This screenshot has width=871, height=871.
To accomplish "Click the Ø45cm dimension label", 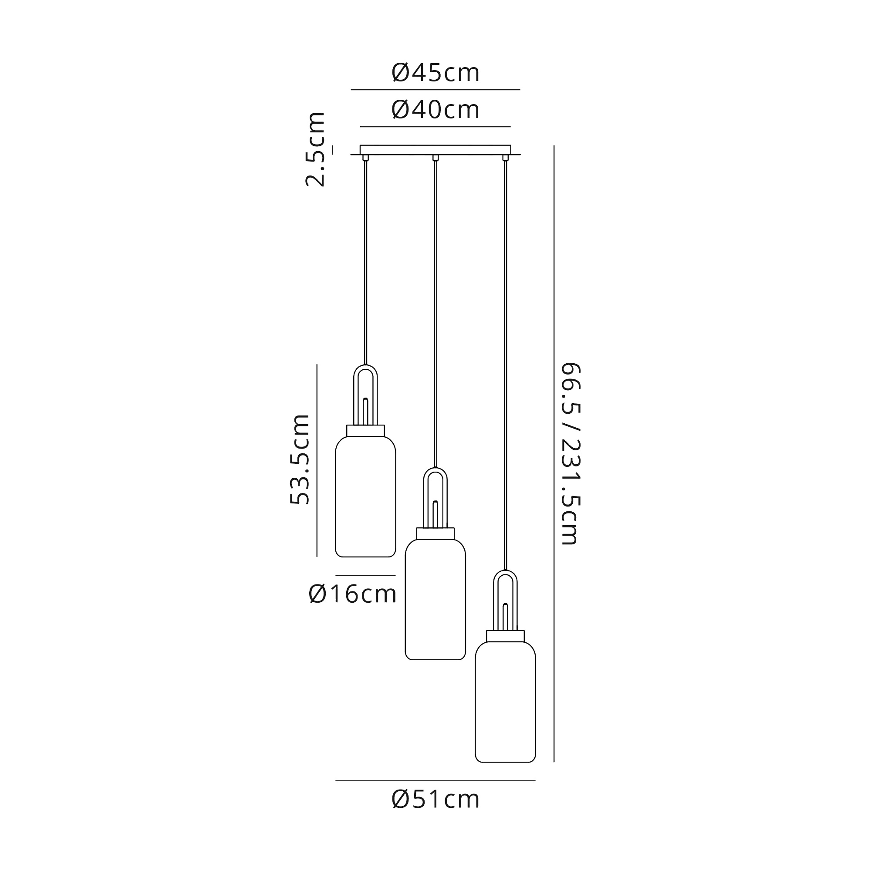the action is tap(435, 73).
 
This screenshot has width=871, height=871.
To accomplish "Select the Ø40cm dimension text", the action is tap(435, 110).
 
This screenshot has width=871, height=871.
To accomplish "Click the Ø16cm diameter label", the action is tap(353, 594).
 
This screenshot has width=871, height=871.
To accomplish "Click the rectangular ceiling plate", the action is tap(435, 150).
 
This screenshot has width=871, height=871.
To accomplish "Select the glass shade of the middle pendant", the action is tap(435, 599).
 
